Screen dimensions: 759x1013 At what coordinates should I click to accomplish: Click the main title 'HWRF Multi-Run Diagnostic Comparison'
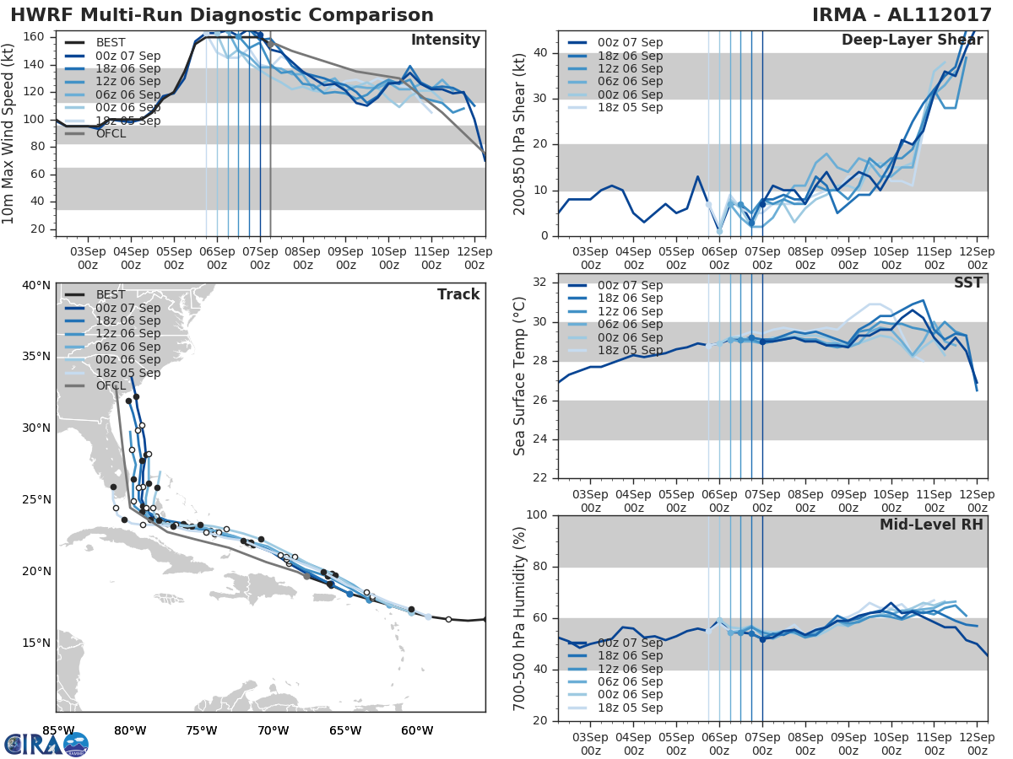[222, 15]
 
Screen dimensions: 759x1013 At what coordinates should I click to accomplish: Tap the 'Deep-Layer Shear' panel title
[912, 40]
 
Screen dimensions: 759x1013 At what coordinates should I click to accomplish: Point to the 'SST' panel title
[967, 283]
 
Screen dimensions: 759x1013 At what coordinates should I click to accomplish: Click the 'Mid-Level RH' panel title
[931, 525]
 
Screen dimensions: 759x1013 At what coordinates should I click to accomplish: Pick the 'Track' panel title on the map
[458, 294]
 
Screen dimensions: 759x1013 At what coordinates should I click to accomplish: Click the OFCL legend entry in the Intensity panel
[111, 133]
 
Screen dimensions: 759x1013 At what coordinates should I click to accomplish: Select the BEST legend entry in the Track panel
[111, 295]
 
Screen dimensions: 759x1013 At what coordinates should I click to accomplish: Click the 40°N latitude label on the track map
[35, 285]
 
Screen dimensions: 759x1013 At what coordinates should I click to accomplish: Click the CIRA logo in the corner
[46, 744]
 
